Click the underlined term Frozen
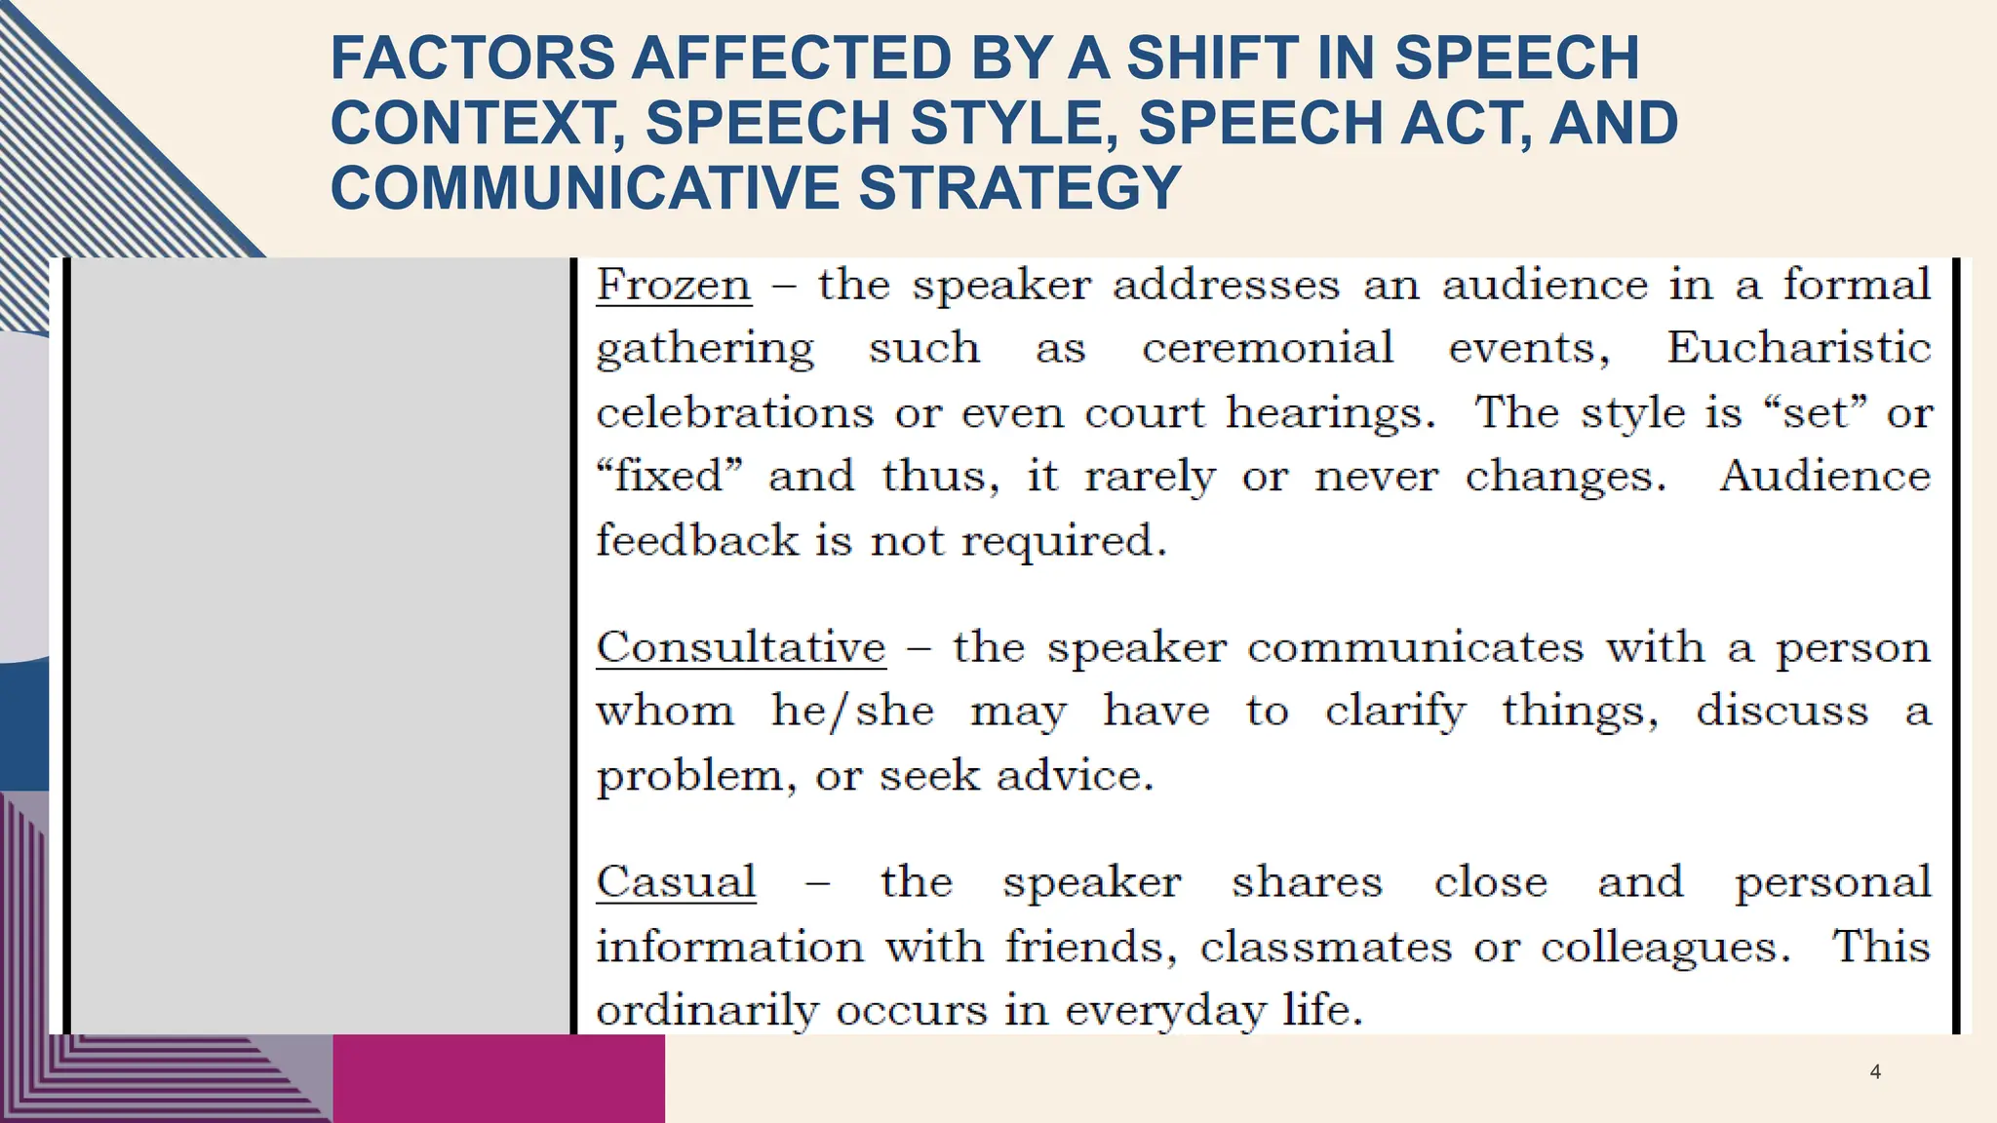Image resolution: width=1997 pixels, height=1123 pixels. point(674,286)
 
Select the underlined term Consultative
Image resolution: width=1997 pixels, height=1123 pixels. point(741,647)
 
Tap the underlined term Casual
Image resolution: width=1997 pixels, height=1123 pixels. point(676,882)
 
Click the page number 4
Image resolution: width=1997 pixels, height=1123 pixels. point(1875,1072)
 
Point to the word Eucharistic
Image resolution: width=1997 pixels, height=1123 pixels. point(1799,348)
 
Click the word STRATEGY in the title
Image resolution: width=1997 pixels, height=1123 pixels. point(1019,187)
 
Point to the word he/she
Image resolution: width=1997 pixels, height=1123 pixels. point(852,711)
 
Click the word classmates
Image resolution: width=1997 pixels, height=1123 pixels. point(1326,947)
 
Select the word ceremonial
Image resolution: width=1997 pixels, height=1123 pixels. point(1268,348)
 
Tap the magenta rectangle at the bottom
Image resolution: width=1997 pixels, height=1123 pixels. point(498,1078)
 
